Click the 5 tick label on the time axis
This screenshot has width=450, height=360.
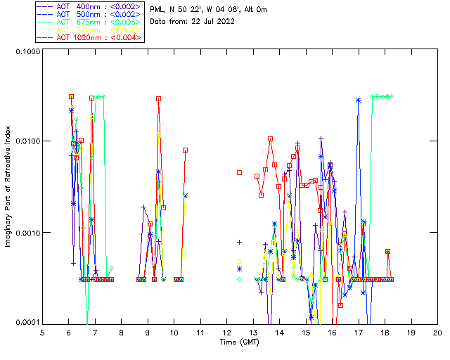pyautogui.click(x=42, y=332)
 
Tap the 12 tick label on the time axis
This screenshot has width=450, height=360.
pyautogui.click(x=226, y=332)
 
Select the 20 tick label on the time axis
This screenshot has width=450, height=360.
pyautogui.click(x=437, y=332)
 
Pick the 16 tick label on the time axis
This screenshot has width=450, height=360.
pyautogui.click(x=332, y=332)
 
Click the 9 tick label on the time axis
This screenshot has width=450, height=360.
pyautogui.click(x=148, y=332)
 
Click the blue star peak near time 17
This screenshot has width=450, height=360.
pyautogui.click(x=359, y=100)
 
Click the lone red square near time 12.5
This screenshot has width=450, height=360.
pyautogui.click(x=240, y=172)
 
